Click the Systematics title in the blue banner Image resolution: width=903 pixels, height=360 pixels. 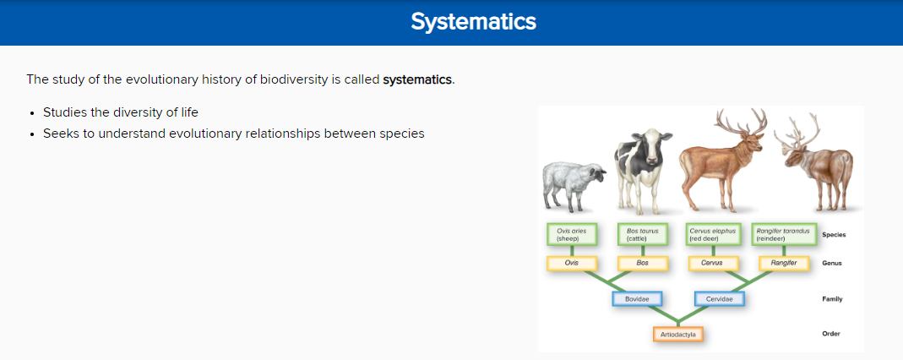click(x=473, y=22)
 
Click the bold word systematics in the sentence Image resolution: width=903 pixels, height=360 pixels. click(x=418, y=80)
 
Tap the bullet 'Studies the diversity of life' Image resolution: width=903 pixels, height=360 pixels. click(x=120, y=112)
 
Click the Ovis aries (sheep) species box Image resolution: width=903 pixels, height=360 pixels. click(x=571, y=234)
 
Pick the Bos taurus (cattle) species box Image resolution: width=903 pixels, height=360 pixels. click(x=641, y=234)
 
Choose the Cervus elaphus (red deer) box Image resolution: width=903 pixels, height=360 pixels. click(x=714, y=234)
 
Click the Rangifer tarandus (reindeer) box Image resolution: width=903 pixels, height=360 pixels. click(x=784, y=234)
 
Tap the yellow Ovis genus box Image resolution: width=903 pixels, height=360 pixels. click(x=571, y=263)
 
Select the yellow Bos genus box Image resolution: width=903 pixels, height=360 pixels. click(x=642, y=263)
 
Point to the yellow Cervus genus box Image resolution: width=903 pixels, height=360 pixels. click(x=712, y=263)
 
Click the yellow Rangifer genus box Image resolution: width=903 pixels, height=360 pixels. click(x=784, y=263)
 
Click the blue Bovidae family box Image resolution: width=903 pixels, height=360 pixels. click(x=636, y=299)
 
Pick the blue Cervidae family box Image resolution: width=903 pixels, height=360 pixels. click(x=719, y=299)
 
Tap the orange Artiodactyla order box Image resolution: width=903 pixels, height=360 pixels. click(x=678, y=335)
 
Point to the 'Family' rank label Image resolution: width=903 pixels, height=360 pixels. click(x=831, y=299)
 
